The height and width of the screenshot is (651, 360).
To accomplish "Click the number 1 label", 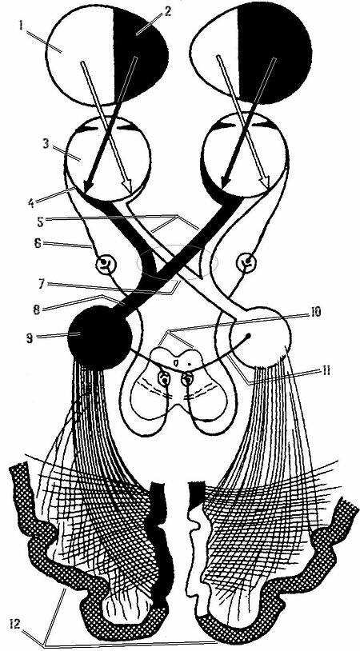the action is click(20, 26).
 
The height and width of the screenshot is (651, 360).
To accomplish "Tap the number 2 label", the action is click(167, 10).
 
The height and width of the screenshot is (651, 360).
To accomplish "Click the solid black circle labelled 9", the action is click(100, 337).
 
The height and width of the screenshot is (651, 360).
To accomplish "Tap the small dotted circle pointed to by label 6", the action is click(103, 263).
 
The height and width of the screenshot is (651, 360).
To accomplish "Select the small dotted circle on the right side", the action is click(246, 263).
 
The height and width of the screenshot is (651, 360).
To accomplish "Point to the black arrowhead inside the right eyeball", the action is click(226, 180).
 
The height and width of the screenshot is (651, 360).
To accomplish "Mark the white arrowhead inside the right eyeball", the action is click(266, 180).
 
